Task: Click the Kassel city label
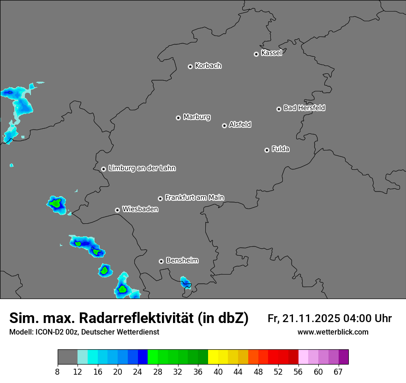pos(271,53)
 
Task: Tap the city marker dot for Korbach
pos(190,66)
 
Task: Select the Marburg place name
pos(197,117)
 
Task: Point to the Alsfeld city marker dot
pos(224,126)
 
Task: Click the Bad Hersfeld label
pos(304,108)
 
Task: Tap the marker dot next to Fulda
pos(267,150)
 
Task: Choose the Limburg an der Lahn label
pos(142,168)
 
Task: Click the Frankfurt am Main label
pos(194,197)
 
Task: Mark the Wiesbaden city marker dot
pos(117,210)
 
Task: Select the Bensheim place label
pos(182,260)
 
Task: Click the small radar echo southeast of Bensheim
pos(185,283)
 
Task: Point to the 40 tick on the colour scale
pos(218,371)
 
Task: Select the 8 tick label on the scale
pos(58,371)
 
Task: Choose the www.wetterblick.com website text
pos(333,332)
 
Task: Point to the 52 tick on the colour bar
pos(278,371)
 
